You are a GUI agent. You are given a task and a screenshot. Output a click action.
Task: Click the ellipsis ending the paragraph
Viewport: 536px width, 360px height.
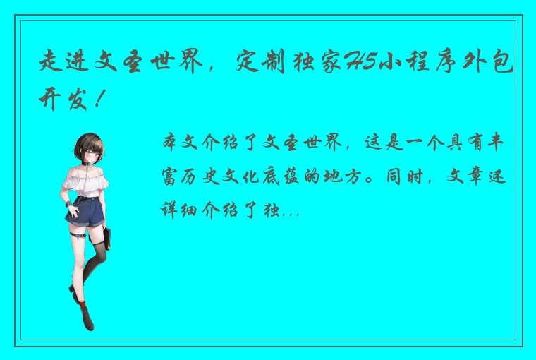click(291, 210)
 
